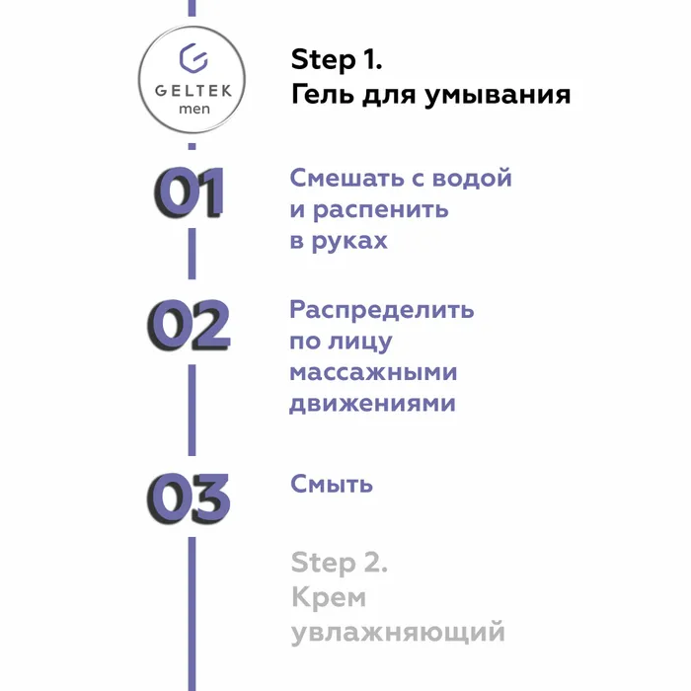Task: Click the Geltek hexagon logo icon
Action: pos(192,56)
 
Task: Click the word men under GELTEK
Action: pos(192,109)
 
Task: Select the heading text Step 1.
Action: pos(337,60)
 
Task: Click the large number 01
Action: pos(190,192)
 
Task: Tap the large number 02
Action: pos(190,326)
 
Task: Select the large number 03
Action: pos(190,499)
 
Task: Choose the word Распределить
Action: pos(382,310)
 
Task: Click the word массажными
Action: pos(374,372)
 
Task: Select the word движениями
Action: pos(373,404)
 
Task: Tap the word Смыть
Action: pos(332,484)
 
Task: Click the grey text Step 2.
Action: pos(340,564)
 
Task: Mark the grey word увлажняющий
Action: pos(398,631)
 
